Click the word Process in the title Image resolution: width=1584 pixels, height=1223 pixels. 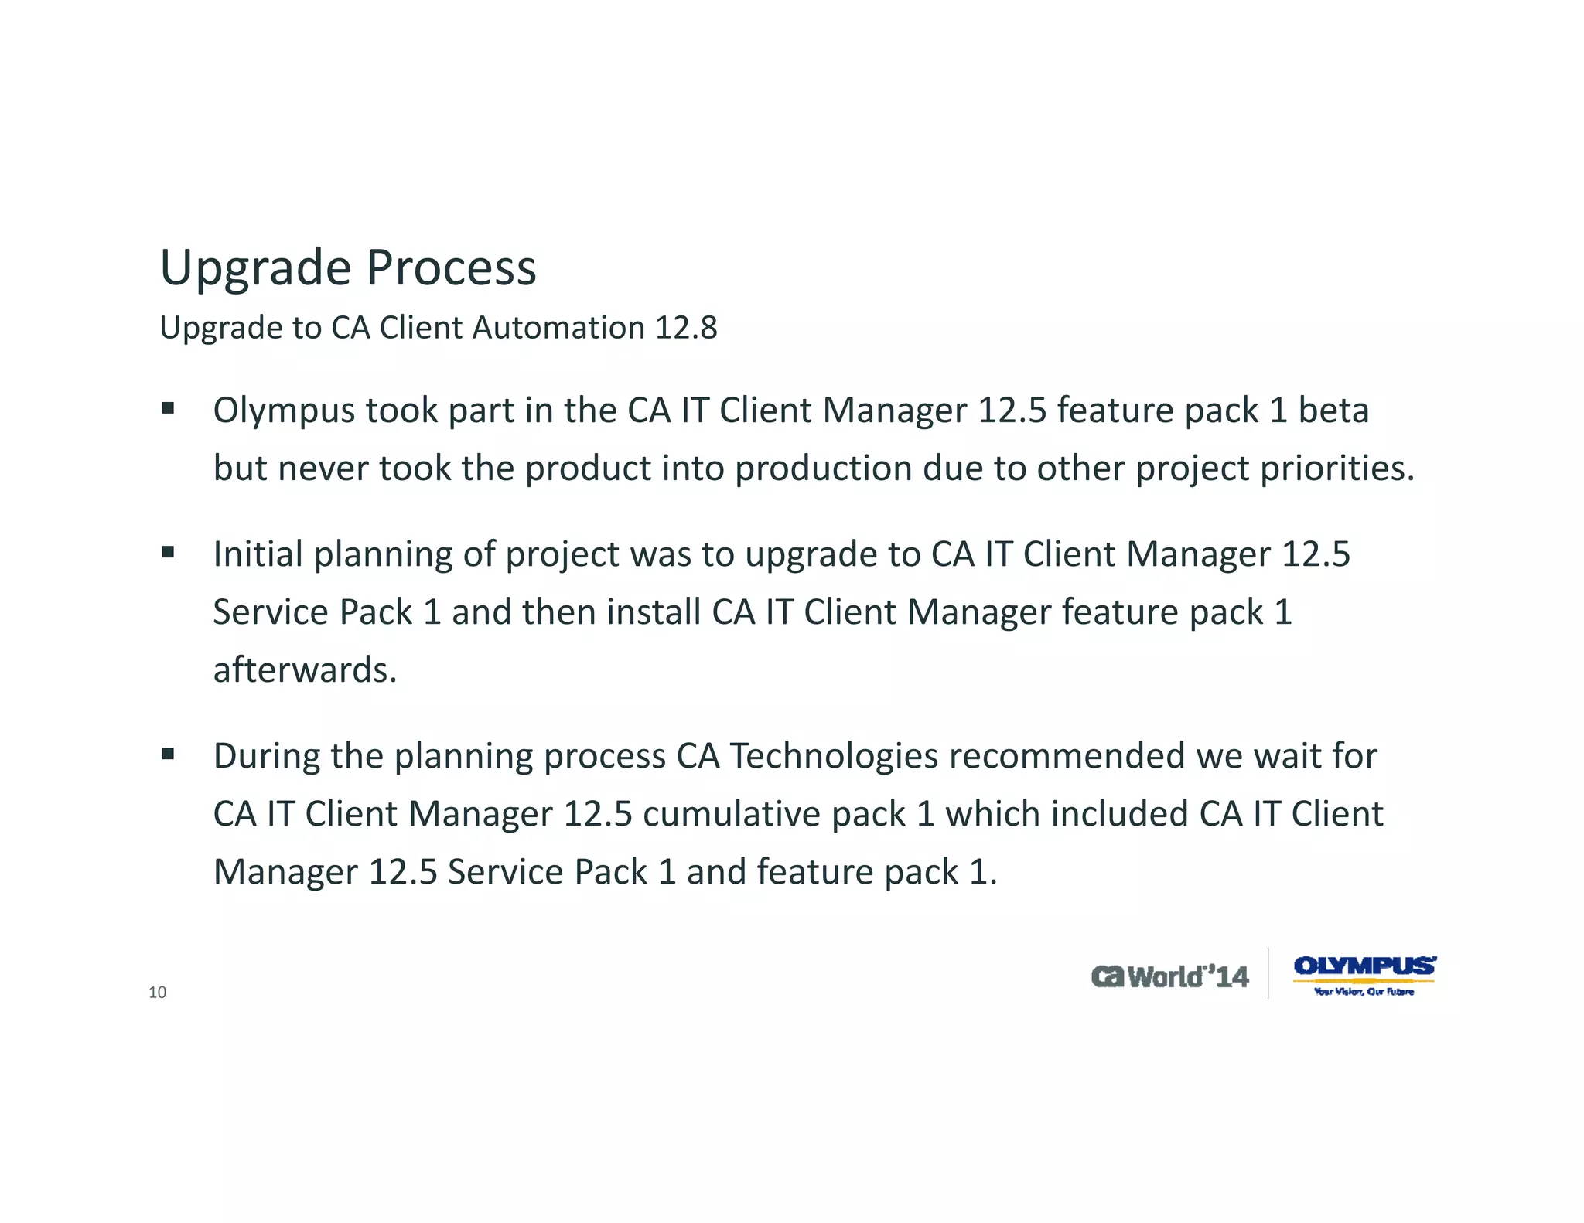coord(451,268)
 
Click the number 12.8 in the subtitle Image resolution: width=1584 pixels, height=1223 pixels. coord(686,328)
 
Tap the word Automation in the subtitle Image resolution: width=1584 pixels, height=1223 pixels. coord(558,328)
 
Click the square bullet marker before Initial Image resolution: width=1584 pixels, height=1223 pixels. coord(168,552)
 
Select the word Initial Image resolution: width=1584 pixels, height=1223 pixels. coord(258,554)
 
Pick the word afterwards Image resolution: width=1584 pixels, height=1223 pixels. coord(305,669)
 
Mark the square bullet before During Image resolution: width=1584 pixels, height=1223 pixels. coord(168,754)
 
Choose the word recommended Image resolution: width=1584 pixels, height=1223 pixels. coord(1067,755)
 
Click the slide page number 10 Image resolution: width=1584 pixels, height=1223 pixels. coord(157,993)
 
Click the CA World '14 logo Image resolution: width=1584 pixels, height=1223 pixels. coord(1169,977)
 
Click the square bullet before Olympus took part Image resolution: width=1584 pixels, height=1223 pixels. coord(168,408)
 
